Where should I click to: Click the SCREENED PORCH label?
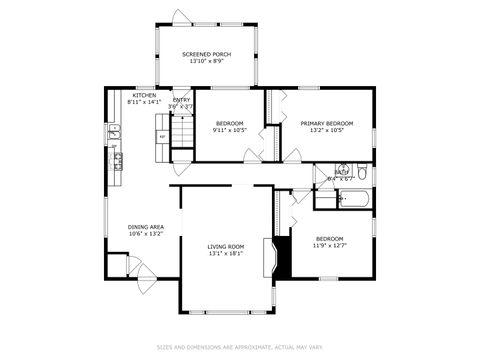[207, 54]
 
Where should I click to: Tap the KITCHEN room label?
[144, 96]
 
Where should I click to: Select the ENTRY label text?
[181, 99]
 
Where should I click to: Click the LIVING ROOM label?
[225, 246]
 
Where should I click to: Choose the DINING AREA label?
[145, 227]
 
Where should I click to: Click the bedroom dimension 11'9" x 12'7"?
[329, 245]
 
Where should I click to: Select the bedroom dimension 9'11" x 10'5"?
[229, 130]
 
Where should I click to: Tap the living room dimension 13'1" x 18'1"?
[225, 253]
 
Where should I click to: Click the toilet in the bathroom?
[363, 176]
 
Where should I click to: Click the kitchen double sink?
[114, 131]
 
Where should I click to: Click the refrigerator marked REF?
[162, 136]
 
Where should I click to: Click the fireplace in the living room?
[267, 255]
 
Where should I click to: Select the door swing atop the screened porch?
[179, 17]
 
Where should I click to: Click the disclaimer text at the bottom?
[240, 347]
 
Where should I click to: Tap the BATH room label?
[341, 173]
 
